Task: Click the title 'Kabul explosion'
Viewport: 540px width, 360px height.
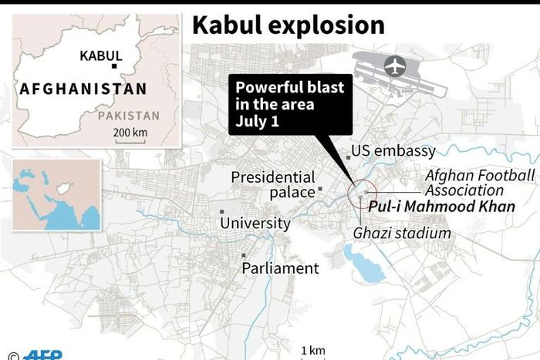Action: click(288, 25)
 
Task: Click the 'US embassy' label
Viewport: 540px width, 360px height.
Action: click(393, 151)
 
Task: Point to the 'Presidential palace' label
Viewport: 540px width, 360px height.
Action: click(273, 185)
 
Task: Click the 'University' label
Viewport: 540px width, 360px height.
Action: click(255, 224)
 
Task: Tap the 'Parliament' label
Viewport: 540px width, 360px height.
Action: click(279, 268)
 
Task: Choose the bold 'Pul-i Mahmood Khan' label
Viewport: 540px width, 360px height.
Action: click(440, 207)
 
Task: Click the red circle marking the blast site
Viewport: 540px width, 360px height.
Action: click(361, 195)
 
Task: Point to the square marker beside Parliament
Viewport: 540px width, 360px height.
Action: click(245, 255)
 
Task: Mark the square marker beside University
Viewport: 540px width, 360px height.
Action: click(222, 211)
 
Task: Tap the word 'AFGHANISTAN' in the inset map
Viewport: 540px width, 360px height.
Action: click(83, 89)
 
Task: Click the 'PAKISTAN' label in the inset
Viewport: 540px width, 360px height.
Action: click(129, 116)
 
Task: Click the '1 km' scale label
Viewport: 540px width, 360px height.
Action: click(312, 350)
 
